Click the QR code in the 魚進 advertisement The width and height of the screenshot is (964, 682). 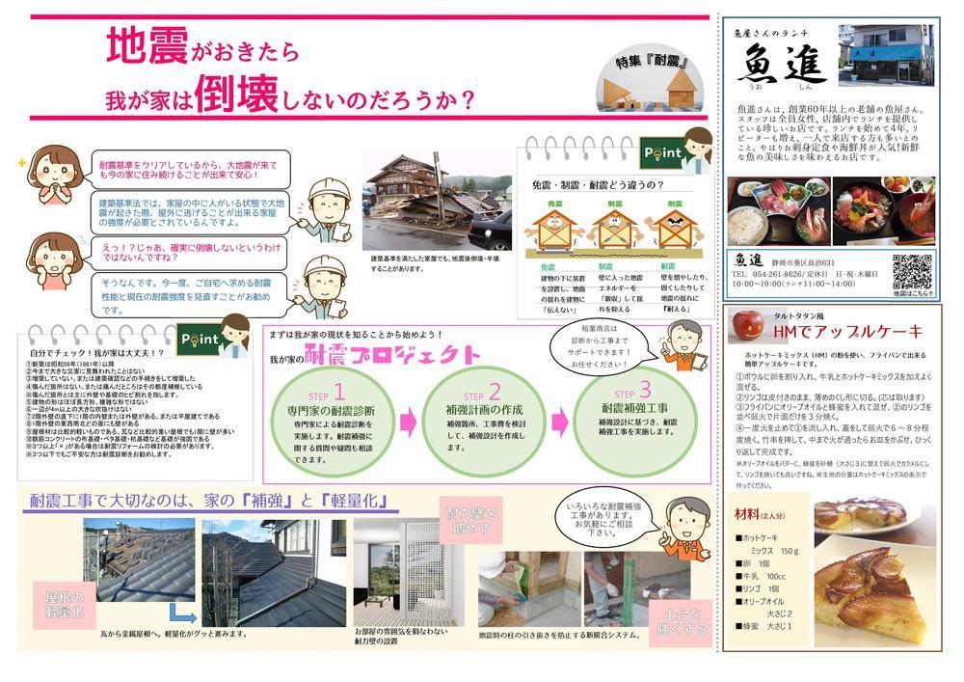pos(911,271)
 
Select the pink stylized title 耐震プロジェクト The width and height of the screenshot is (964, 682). pos(391,354)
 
